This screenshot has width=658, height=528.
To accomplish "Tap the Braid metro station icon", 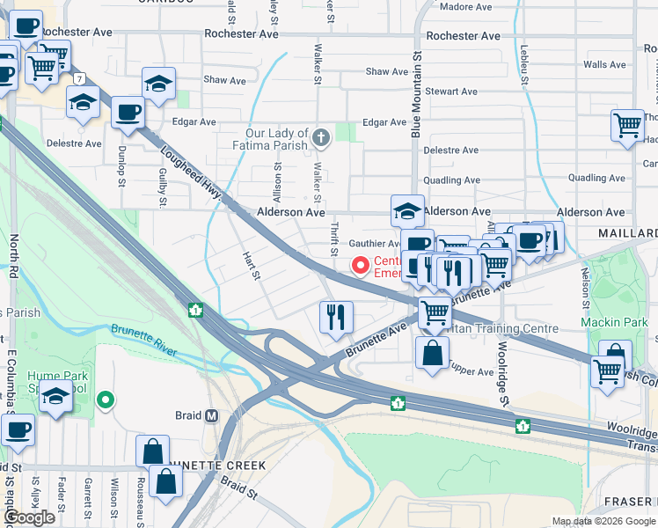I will tap(211, 415).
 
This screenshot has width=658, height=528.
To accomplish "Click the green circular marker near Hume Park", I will tap(106, 401).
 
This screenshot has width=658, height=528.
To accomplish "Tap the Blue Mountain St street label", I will tap(416, 92).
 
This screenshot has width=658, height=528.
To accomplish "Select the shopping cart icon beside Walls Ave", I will tap(627, 125).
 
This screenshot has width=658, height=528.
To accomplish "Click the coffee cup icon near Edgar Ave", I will tap(128, 113).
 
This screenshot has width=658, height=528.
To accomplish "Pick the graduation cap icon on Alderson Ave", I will tap(406, 210).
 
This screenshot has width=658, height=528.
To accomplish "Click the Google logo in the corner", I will tap(29, 517).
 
